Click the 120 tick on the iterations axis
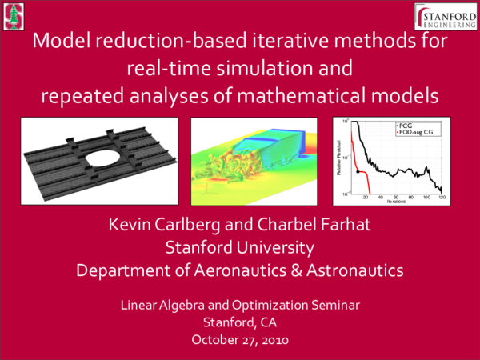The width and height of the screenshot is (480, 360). pyautogui.click(x=441, y=197)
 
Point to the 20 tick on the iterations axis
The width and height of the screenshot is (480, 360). pyautogui.click(x=366, y=197)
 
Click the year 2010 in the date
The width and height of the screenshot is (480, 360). pyautogui.click(x=270, y=339)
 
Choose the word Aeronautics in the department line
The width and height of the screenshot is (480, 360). pyautogui.click(x=238, y=270)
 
